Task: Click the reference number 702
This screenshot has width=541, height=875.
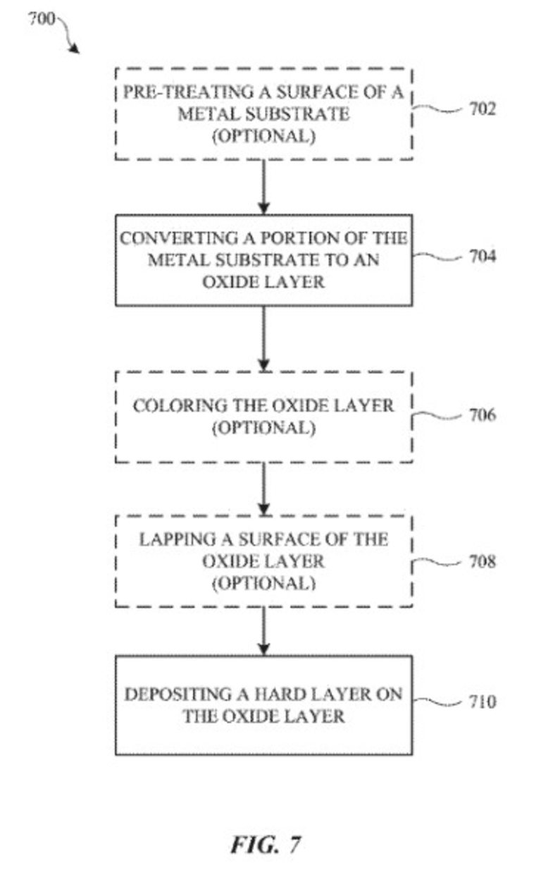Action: [483, 109]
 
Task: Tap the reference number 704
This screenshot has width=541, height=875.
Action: [483, 256]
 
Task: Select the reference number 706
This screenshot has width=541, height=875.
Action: [483, 415]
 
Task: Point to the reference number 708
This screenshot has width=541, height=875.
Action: [483, 561]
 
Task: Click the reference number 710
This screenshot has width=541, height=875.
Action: [483, 702]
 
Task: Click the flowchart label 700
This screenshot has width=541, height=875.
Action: [41, 18]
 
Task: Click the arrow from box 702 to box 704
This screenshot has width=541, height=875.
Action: [263, 187]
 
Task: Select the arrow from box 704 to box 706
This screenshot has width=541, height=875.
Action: [263, 338]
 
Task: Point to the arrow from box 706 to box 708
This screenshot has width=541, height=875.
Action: [263, 489]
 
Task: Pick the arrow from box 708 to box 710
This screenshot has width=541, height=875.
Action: [263, 631]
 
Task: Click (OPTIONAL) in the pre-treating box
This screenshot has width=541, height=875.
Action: [263, 136]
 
